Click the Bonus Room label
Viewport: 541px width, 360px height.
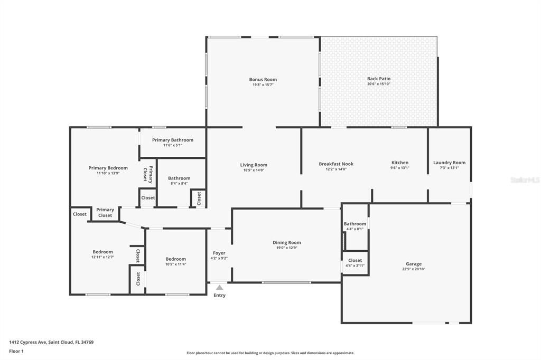point(263,80)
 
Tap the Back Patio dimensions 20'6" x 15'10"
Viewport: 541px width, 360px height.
point(379,84)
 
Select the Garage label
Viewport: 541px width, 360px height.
point(413,264)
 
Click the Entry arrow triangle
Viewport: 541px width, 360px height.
point(219,288)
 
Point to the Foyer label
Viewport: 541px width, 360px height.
point(219,253)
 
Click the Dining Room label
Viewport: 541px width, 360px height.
point(286,243)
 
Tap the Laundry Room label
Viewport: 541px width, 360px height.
point(449,163)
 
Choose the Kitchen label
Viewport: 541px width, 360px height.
point(399,163)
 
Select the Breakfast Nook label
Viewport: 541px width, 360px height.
point(336,164)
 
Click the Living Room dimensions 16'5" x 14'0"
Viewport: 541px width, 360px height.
point(254,170)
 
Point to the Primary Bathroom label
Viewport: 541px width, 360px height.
point(172,140)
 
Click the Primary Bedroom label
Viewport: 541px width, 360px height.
point(108,168)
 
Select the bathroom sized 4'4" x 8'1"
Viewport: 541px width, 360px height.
point(355,226)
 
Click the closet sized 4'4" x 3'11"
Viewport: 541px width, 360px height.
point(355,262)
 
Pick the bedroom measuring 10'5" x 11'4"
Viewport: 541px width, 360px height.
point(175,261)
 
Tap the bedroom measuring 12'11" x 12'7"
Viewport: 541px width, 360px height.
point(102,254)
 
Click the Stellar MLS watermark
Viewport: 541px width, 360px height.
point(525,180)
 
